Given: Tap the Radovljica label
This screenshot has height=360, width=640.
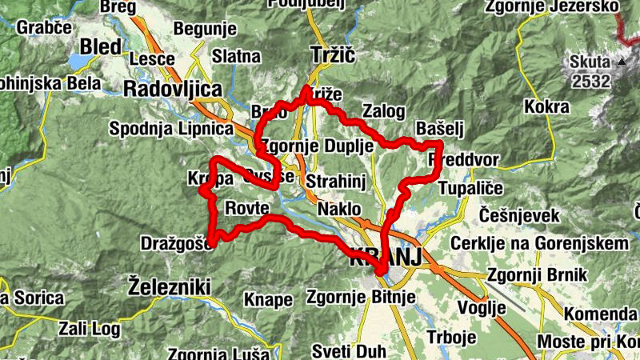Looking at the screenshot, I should coord(171,89).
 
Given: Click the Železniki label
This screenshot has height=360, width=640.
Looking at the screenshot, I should coord(169,286).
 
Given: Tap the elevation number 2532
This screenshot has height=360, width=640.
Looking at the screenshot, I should coord(591,81).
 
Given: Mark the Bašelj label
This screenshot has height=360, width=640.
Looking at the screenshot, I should coord(440,129).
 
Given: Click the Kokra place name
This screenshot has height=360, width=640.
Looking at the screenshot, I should coord(548,106).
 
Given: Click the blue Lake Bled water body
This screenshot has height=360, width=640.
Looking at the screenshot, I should coord(80,62).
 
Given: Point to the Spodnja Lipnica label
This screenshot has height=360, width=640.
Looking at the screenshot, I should coord(171,128).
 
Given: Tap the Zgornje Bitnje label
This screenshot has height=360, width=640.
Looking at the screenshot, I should coord(362,298).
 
